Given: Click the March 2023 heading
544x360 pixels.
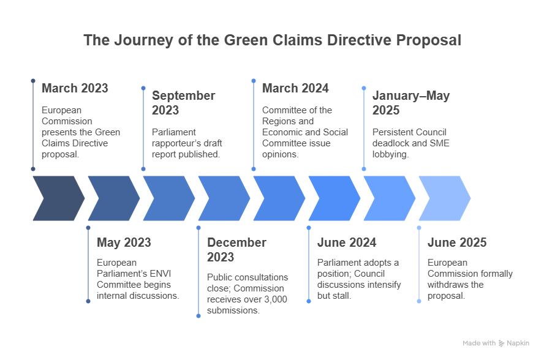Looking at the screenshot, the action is click(x=75, y=88).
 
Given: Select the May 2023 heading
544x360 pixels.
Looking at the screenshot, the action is click(x=124, y=242).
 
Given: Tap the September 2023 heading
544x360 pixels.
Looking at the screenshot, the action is click(x=184, y=103).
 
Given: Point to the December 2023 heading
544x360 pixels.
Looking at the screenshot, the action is click(x=236, y=250).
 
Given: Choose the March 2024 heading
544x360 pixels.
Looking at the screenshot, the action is click(x=295, y=88).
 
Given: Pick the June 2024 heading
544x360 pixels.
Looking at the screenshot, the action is click(x=347, y=242).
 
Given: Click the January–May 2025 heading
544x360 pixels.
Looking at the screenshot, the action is click(x=411, y=103).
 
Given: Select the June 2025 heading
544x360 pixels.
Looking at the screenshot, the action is click(x=457, y=242).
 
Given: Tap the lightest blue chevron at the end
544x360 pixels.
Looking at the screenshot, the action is click(x=445, y=198).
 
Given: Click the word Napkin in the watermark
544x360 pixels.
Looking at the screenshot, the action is click(x=518, y=343).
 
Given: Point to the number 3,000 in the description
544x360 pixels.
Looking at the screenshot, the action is click(x=276, y=299).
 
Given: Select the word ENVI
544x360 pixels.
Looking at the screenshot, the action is click(x=161, y=274).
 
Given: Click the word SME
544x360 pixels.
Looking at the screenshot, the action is click(x=440, y=143).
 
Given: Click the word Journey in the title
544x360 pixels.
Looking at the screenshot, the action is click(x=143, y=40).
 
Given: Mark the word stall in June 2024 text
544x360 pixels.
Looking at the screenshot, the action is click(x=343, y=296).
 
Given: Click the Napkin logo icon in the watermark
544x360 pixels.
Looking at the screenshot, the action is click(x=501, y=343).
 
